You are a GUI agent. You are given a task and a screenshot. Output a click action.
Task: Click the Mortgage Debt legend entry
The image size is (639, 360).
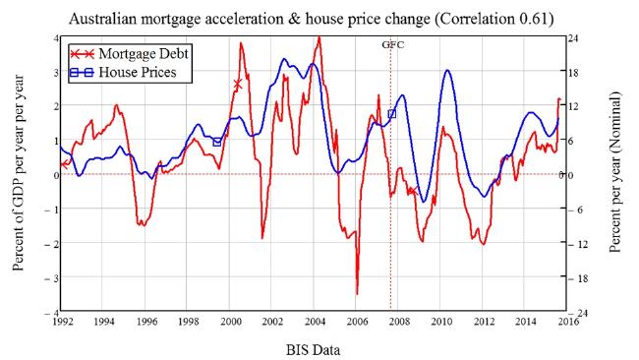click(x=129, y=53)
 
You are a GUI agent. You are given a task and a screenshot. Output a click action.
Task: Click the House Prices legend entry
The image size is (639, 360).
click(x=123, y=72)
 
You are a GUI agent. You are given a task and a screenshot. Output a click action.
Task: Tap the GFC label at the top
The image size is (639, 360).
click(x=393, y=45)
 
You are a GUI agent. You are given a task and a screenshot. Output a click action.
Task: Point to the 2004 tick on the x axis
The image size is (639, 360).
click(x=315, y=322)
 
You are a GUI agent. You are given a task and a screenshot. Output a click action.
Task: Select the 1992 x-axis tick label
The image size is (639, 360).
click(x=62, y=322)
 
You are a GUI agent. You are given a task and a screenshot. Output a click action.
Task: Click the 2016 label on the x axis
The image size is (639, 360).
click(x=568, y=322)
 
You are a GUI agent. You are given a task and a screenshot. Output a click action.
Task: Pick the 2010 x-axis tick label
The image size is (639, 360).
click(x=441, y=322)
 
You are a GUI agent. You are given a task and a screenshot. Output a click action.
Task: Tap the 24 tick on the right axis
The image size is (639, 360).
click(x=574, y=38)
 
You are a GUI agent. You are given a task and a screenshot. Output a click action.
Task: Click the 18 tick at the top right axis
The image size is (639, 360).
click(x=574, y=72)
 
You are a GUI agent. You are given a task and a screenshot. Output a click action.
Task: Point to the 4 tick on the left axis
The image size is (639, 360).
click(x=56, y=38)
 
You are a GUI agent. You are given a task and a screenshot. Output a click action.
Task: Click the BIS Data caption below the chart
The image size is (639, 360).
click(x=313, y=350)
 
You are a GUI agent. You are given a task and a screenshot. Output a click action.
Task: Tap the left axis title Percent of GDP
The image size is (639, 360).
click(x=18, y=173)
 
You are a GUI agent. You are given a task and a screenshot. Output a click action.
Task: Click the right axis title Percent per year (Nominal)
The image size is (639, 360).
click(x=614, y=172)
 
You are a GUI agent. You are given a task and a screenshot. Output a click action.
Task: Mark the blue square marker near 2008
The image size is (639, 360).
click(x=391, y=114)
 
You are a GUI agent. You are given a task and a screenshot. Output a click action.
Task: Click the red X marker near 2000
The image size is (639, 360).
click(x=238, y=85)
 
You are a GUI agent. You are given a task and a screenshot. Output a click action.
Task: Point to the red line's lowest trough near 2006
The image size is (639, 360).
click(x=357, y=294)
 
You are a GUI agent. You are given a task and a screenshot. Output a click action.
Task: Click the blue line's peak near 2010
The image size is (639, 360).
click(x=447, y=71)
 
